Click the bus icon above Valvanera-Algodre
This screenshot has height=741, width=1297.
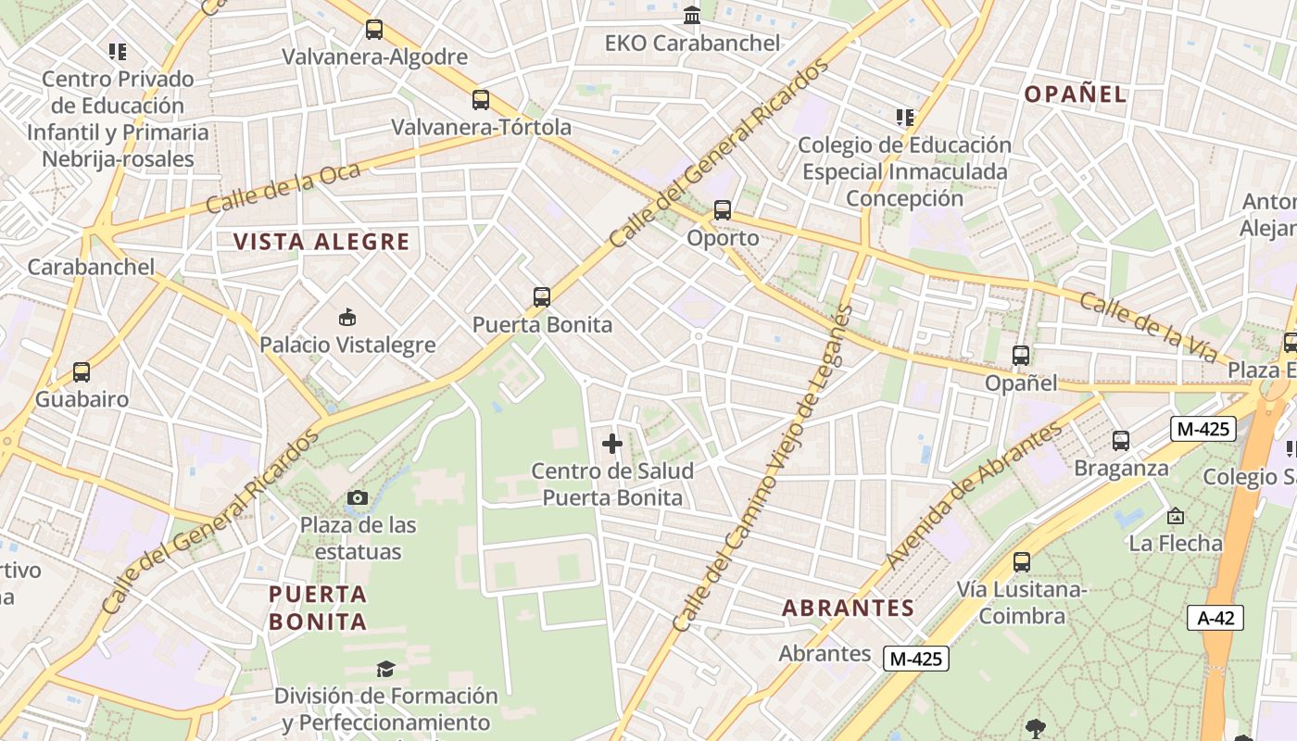click(374, 30)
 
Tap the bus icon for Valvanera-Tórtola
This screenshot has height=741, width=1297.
click(480, 100)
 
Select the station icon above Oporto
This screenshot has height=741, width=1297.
click(723, 210)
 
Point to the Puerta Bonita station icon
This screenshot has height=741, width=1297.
click(542, 297)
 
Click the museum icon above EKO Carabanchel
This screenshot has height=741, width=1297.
click(692, 16)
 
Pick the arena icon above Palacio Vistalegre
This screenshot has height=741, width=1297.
click(347, 318)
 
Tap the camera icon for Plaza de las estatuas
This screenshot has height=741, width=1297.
click(357, 498)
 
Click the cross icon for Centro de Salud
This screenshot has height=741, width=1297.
click(612, 445)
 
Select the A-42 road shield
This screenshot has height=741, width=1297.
click(1215, 618)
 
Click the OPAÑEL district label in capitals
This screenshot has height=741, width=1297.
click(1076, 94)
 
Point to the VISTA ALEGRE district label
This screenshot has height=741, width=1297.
click(321, 242)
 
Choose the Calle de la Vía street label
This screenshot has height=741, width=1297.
click(1148, 326)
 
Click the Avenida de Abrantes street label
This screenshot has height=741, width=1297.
click(974, 496)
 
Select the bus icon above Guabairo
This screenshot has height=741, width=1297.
click(82, 372)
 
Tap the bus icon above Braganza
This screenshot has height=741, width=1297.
click(1121, 441)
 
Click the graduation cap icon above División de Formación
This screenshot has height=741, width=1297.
click(385, 669)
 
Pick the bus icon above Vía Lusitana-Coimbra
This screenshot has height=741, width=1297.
click(1022, 562)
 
